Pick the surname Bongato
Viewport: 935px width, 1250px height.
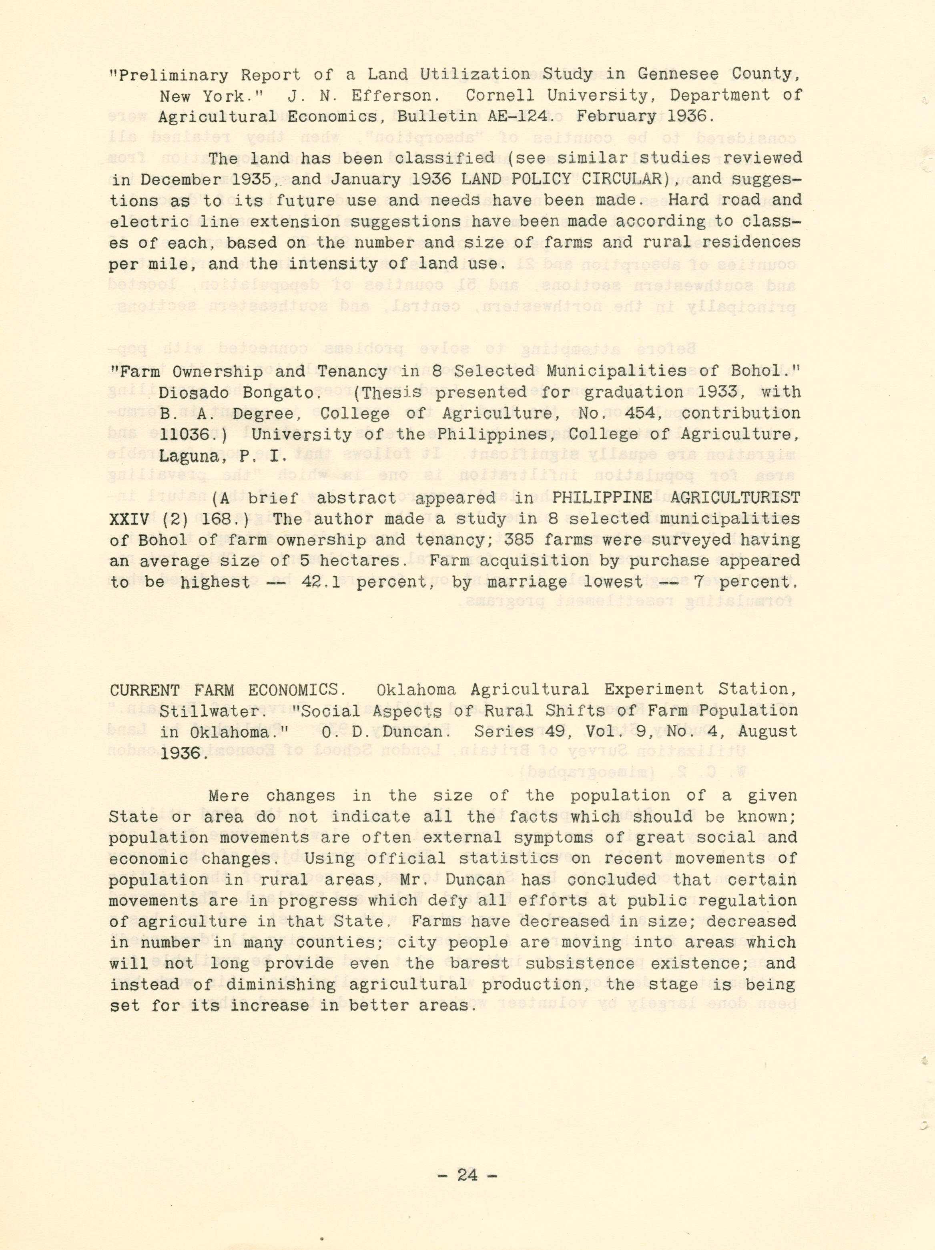pos(281,392)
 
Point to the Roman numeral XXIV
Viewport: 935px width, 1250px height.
pos(129,519)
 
